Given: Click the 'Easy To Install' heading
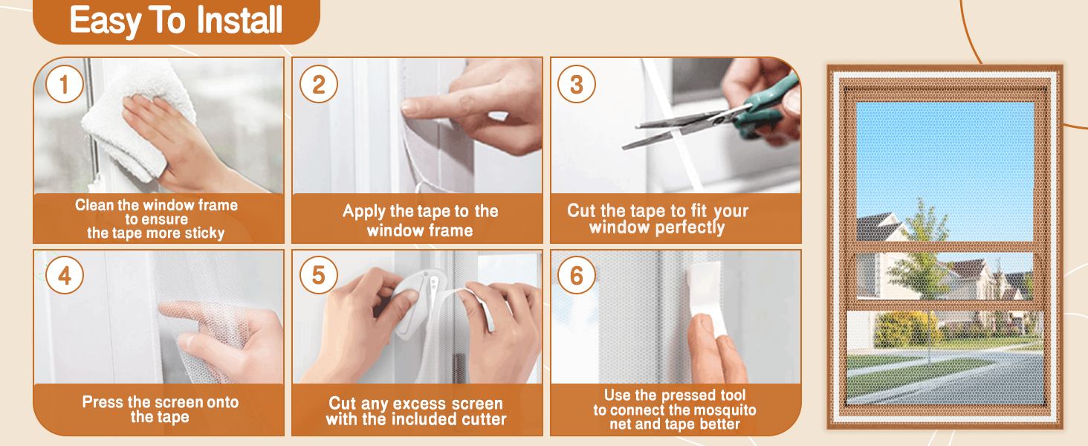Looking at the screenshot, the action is tap(176, 20).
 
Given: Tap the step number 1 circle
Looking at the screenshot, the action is tap(65, 84).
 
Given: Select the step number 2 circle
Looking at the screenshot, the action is tap(319, 84).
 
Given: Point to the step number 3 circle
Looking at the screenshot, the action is tap(577, 84).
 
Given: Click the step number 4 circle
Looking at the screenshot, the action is tap(65, 275).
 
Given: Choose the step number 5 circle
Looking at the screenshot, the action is tap(319, 275).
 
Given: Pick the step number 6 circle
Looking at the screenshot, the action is tap(577, 275).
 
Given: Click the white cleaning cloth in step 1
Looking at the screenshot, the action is tap(138, 121).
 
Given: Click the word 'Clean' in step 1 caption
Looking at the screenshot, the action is tap(94, 205).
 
